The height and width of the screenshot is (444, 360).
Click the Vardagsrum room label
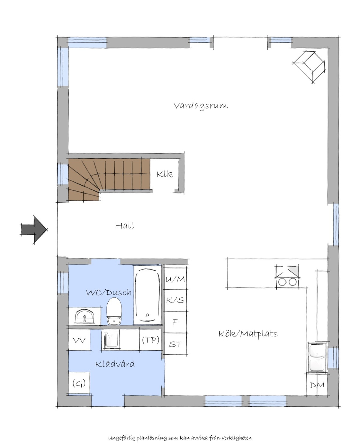[x=200, y=106]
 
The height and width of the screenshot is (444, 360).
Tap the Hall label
[x=125, y=226]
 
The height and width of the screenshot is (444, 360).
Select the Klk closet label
[x=165, y=174]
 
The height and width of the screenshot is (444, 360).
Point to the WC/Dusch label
[x=109, y=293]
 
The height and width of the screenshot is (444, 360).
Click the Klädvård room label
[x=115, y=364]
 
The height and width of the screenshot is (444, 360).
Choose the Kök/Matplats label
[x=248, y=334]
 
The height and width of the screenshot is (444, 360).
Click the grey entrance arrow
[x=34, y=230]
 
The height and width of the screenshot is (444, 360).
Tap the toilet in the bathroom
[x=114, y=311]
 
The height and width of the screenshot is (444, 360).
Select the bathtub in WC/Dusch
[x=148, y=295]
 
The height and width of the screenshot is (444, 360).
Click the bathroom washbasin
[x=85, y=316]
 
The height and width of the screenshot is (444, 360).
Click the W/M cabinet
[x=175, y=279]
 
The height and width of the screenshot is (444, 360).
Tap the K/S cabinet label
[x=175, y=300]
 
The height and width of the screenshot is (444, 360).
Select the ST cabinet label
[x=175, y=344]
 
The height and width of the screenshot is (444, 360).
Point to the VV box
[x=79, y=340]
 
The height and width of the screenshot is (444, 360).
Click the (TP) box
[x=151, y=340]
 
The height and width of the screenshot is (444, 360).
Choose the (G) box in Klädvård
[x=79, y=383]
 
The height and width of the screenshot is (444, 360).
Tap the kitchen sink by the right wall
[x=317, y=357]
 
